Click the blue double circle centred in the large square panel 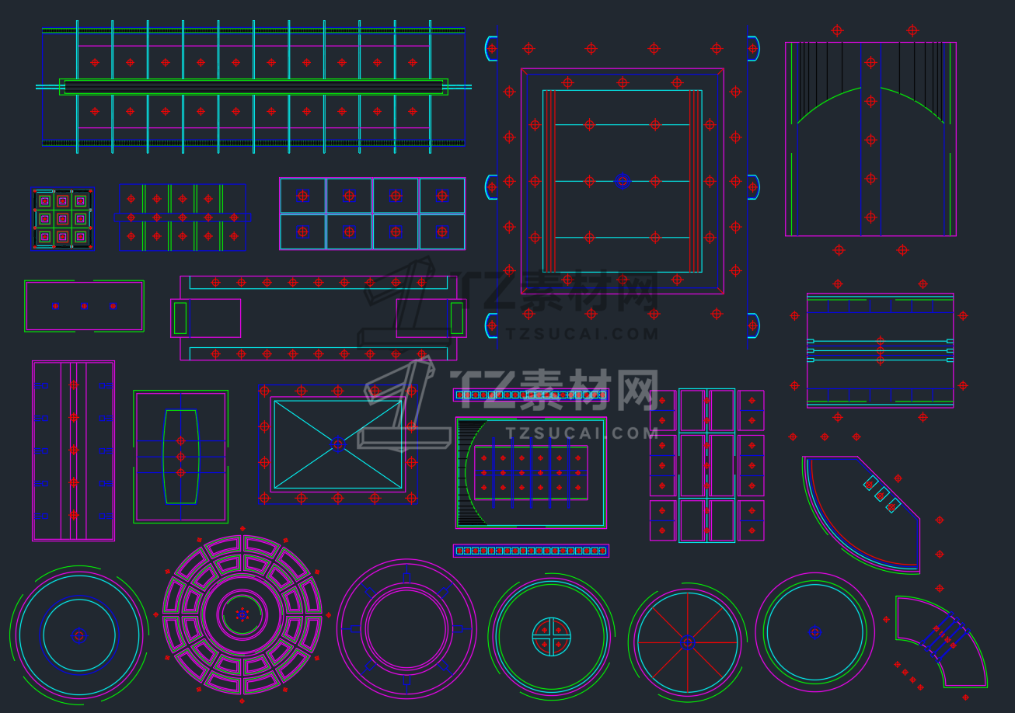click(x=623, y=181)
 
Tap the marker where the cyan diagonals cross click(x=337, y=444)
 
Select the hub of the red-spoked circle click(x=687, y=642)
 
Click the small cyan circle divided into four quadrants click(x=552, y=637)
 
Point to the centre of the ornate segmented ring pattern click(x=242, y=615)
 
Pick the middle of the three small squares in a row click(x=84, y=306)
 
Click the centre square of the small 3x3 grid click(x=62, y=219)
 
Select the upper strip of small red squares click(x=531, y=395)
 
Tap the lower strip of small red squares click(x=531, y=551)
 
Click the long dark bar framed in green click(x=253, y=87)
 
